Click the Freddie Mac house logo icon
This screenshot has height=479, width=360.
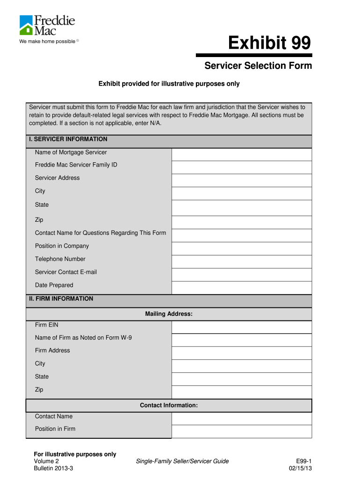[26, 25]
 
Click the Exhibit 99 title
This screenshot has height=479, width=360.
[269, 44]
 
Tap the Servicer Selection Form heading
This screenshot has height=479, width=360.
[258, 66]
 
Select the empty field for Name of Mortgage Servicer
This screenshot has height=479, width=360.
[241, 154]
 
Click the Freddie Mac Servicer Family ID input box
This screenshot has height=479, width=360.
[241, 167]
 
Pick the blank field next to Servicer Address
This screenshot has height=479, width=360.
[241, 181]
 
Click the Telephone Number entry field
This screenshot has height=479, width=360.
[241, 261]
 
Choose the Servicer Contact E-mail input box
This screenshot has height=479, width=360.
[241, 275]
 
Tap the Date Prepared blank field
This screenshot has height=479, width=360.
[241, 288]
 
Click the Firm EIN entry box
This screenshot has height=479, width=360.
[241, 327]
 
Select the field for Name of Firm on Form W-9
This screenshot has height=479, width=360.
[241, 340]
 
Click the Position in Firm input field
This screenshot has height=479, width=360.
[241, 431]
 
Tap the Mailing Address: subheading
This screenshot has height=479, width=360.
[169, 314]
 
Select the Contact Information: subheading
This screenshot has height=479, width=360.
[169, 406]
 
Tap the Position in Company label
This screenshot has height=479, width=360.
[62, 246]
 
